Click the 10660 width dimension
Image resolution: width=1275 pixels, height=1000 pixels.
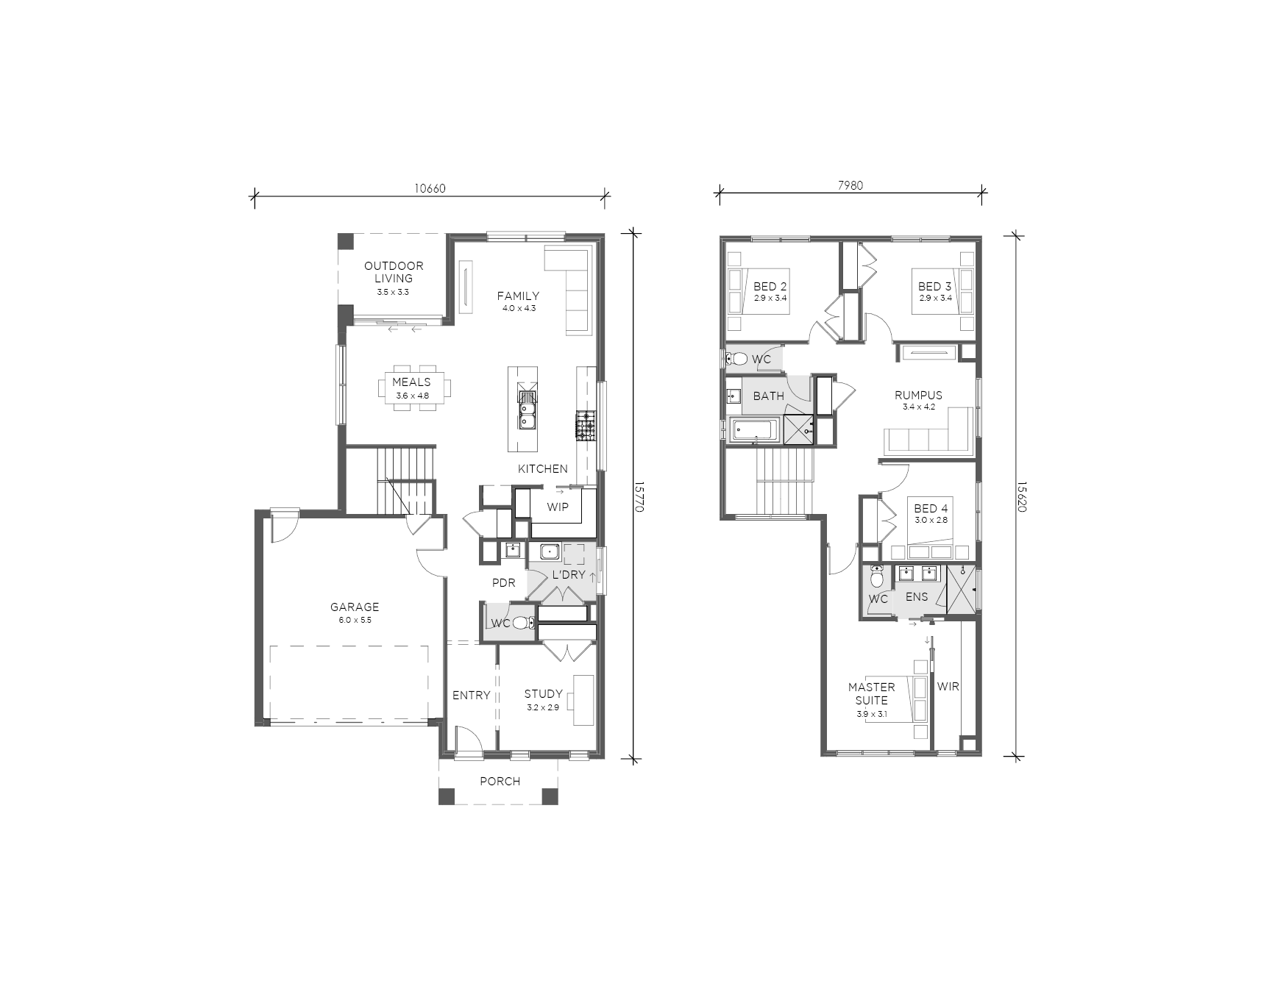[x=430, y=188]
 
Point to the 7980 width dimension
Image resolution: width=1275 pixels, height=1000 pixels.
[x=850, y=186]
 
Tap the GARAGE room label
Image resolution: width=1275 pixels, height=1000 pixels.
[x=355, y=607]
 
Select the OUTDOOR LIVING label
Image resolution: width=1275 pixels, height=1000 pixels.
[x=394, y=272]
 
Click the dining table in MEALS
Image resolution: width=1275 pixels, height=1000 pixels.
[x=412, y=387]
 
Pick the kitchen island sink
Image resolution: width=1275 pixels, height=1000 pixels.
[x=528, y=410]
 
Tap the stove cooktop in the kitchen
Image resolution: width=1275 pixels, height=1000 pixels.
[x=585, y=426]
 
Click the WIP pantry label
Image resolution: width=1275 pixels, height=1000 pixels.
[x=558, y=507]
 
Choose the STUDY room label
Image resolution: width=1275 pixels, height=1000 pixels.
[x=543, y=694]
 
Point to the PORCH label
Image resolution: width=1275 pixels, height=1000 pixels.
[x=500, y=782]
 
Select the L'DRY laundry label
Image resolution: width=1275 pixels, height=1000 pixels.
[x=568, y=575]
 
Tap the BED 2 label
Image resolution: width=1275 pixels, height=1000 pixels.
[x=770, y=287]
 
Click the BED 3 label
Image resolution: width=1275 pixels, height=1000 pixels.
[x=935, y=287]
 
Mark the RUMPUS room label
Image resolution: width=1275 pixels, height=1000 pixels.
[x=918, y=396]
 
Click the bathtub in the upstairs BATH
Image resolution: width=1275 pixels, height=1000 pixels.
[x=753, y=429]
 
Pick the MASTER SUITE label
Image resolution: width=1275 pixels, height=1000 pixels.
[x=872, y=694]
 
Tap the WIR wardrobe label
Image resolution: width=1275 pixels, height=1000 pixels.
[x=948, y=687]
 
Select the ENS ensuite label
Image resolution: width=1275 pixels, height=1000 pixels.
[x=917, y=597]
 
